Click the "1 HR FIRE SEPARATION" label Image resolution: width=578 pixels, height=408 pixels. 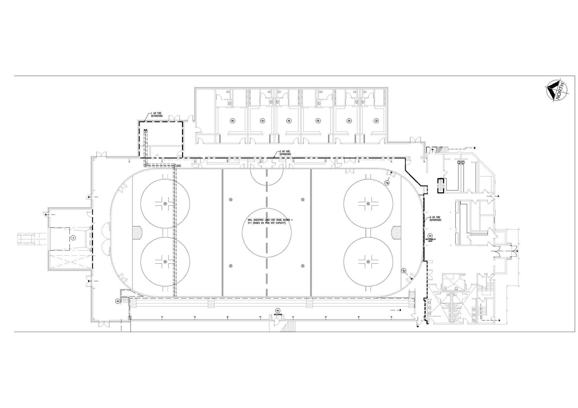click(x=156, y=115)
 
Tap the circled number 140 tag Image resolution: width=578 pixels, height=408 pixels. click(x=387, y=183)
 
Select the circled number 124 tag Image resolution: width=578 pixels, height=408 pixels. click(x=403, y=271)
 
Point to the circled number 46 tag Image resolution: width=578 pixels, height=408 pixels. click(x=118, y=301)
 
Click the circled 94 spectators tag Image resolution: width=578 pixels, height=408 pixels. click(x=278, y=310)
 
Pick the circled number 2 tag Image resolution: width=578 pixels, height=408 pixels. click(x=73, y=238)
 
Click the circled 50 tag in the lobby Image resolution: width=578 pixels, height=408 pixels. click(x=430, y=236)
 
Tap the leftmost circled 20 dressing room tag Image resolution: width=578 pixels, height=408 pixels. click(x=233, y=121)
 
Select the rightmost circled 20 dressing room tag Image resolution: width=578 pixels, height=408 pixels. click(x=376, y=121)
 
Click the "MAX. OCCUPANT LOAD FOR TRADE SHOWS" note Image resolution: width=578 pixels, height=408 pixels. click(x=270, y=221)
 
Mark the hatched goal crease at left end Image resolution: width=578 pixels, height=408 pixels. click(x=137, y=232)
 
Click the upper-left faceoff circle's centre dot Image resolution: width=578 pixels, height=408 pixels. click(x=165, y=203)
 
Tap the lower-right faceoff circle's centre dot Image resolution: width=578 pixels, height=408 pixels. click(x=368, y=262)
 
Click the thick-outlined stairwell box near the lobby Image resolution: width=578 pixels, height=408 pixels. click(x=441, y=185)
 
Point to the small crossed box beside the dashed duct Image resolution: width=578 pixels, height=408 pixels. click(x=179, y=165)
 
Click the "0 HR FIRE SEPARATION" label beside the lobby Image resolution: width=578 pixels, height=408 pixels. click(x=435, y=219)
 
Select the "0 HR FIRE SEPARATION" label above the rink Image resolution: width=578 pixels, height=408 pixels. click(x=285, y=153)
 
